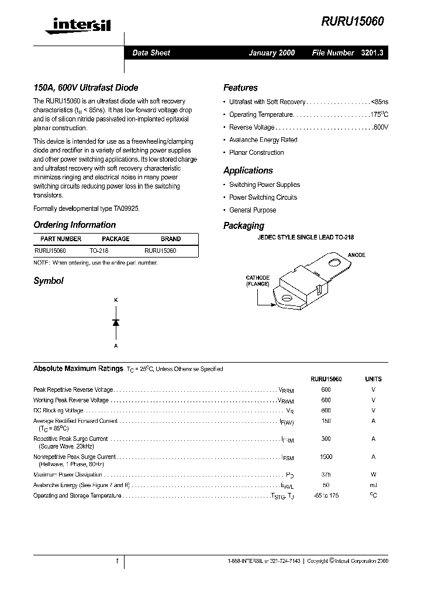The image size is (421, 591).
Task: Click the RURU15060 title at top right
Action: pyautogui.click(x=352, y=21)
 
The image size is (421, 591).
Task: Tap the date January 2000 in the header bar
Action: pyautogui.click(x=271, y=53)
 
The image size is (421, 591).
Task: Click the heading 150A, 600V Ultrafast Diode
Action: pyautogui.click(x=86, y=88)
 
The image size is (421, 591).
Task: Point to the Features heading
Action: pyautogui.click(x=240, y=88)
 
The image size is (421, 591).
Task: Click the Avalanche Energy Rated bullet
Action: pyautogui.click(x=263, y=140)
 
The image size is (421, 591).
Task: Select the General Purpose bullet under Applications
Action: pyautogui.click(x=253, y=210)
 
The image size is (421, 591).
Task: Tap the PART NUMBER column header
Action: pyautogui.click(x=61, y=239)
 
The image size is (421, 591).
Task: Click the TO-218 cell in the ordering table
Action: pyautogui.click(x=99, y=251)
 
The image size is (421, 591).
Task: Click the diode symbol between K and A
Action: pyautogui.click(x=116, y=322)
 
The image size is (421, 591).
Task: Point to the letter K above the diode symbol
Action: pyautogui.click(x=116, y=300)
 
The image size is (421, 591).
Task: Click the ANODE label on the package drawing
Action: pyautogui.click(x=356, y=255)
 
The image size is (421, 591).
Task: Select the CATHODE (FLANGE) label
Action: pyautogui.click(x=258, y=281)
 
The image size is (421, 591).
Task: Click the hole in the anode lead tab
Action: pyautogui.click(x=334, y=263)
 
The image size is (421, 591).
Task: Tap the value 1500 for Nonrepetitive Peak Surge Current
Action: pyautogui.click(x=326, y=457)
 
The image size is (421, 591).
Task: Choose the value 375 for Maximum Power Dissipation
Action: pyautogui.click(x=326, y=475)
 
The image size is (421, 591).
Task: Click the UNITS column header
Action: pyautogui.click(x=373, y=379)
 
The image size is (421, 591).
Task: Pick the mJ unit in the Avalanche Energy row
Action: pyautogui.click(x=373, y=485)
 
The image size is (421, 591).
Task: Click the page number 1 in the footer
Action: pyautogui.click(x=117, y=561)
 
